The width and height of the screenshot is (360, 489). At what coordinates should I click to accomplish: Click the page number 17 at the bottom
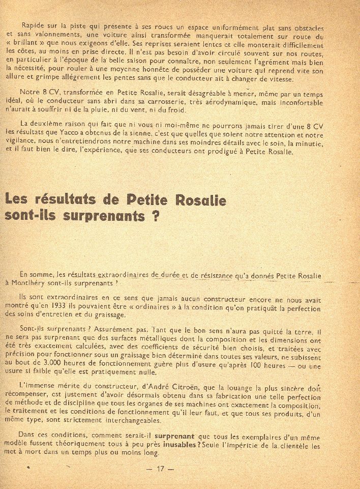click(x=160, y=469)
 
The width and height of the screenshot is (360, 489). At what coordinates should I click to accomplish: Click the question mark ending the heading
click(x=152, y=215)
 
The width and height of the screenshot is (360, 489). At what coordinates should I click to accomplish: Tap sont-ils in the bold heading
click(x=28, y=215)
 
